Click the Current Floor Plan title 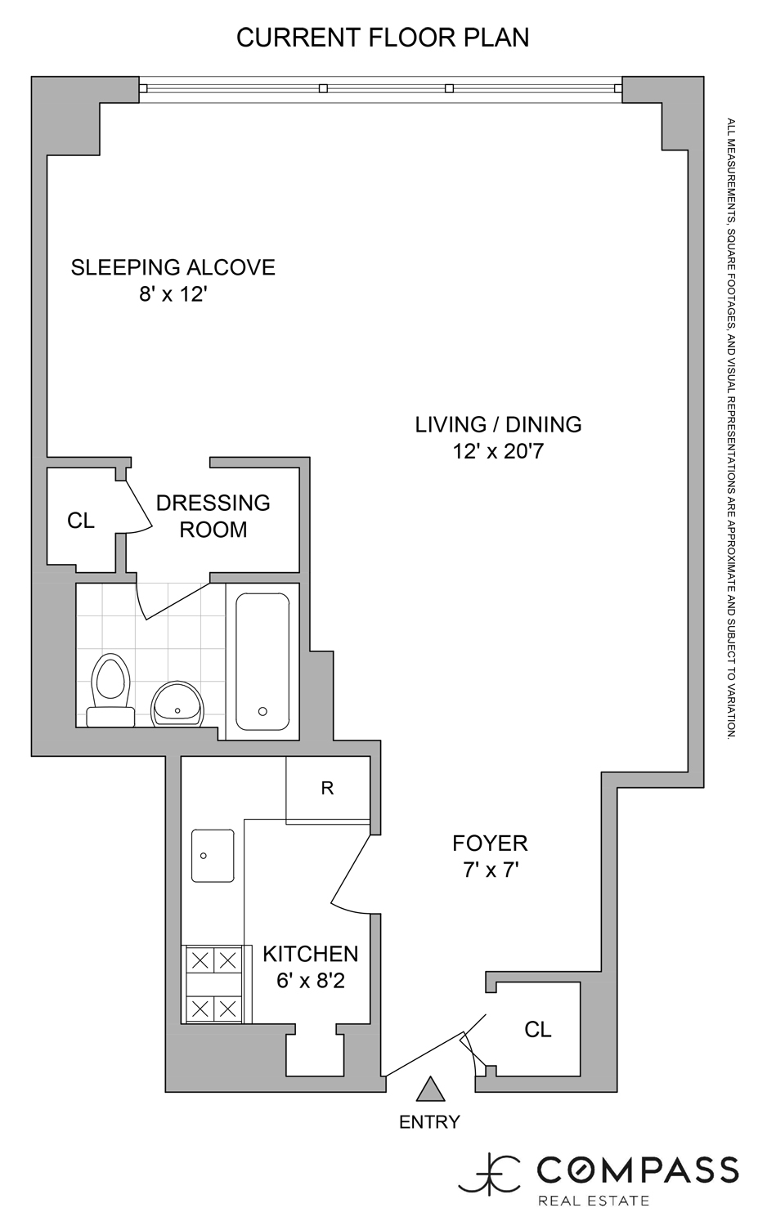coord(383,38)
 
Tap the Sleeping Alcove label coord(173,267)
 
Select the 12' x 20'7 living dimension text coord(498,451)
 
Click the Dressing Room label coord(213,516)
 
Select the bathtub coord(262,661)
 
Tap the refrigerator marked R coord(327,789)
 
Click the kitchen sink coord(213,856)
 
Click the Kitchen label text coord(310,954)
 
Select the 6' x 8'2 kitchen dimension coord(310,981)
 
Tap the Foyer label coord(490,843)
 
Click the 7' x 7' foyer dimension coord(491,870)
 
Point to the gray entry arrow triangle coord(429,1090)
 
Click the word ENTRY coord(429,1122)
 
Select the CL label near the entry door coord(537,1030)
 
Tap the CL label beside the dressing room coord(81,521)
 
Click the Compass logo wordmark coord(637,1170)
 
